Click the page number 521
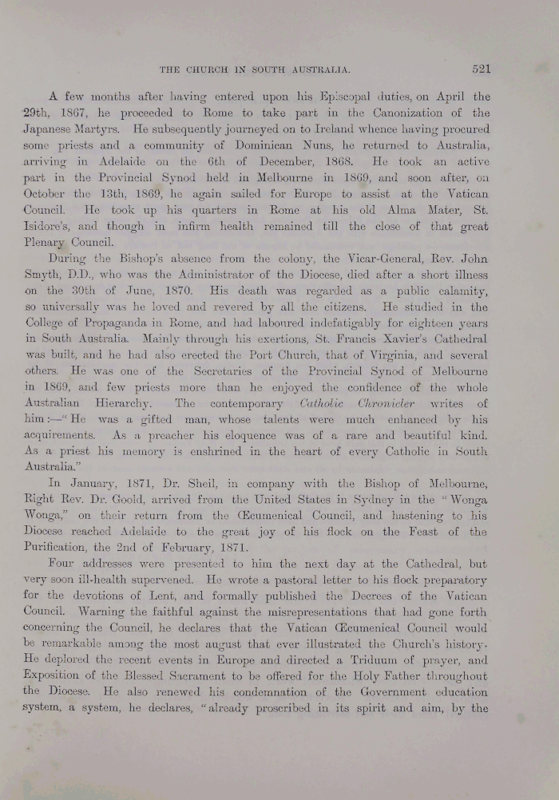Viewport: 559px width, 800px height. (481, 69)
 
